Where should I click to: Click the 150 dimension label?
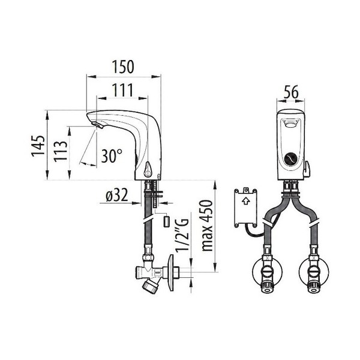(x=123, y=67)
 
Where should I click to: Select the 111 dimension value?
(x=122, y=90)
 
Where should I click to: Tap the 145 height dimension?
(x=38, y=146)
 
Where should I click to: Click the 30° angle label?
(x=112, y=155)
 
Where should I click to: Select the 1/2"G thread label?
(x=182, y=236)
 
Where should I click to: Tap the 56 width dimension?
(x=291, y=92)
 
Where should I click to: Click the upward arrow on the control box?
(x=246, y=202)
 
